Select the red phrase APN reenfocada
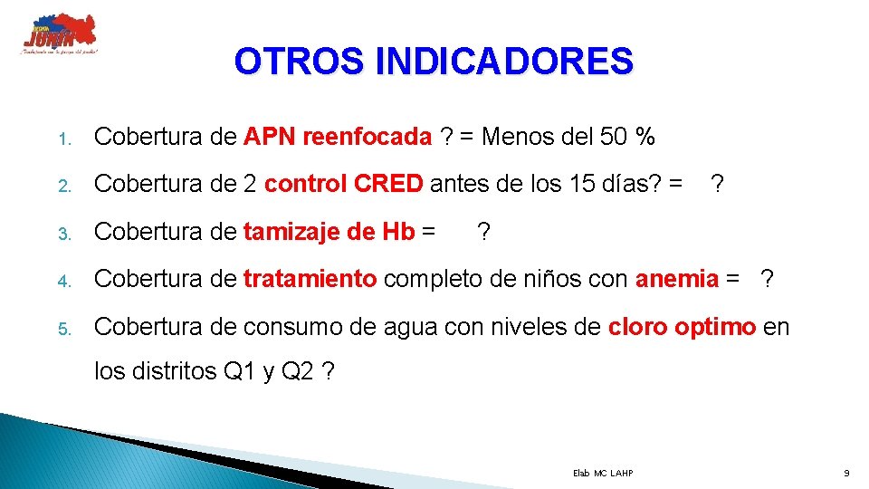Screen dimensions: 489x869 pos(338,138)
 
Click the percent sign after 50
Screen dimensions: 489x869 pos(645,138)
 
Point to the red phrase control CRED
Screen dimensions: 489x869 pos(343,185)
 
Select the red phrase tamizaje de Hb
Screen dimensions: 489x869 pos(329,233)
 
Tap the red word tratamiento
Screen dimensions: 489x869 pos(310,280)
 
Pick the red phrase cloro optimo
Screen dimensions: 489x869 pos(683,327)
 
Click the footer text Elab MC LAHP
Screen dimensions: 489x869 pos(603,474)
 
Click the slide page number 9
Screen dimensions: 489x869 pos(845,474)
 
